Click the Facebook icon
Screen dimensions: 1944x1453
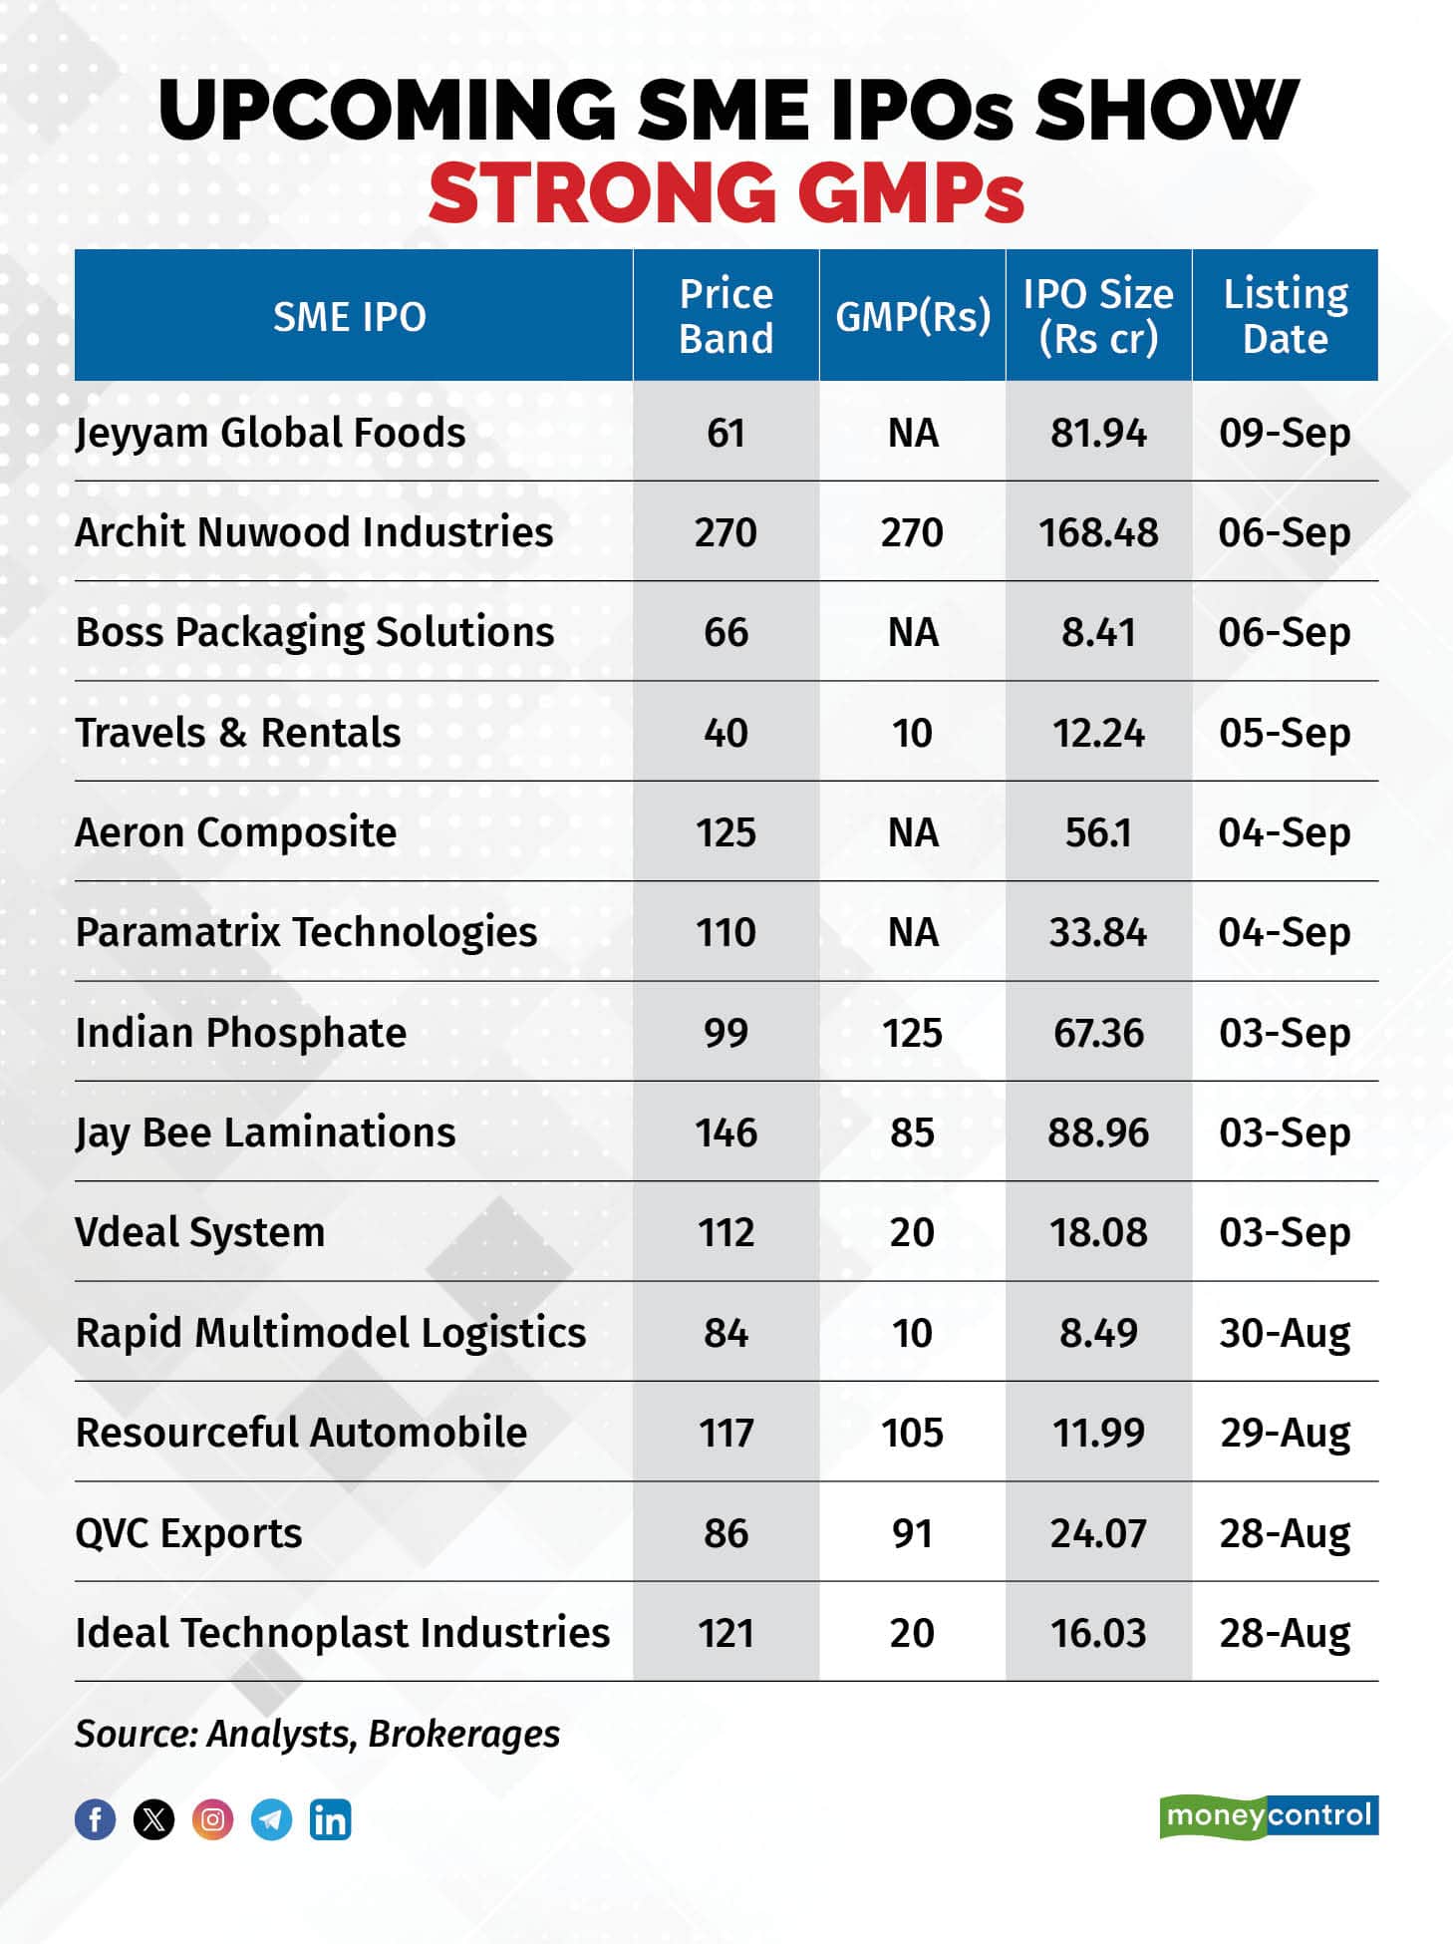(x=96, y=1819)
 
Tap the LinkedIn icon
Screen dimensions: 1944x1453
(x=330, y=1819)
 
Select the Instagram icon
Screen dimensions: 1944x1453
(x=212, y=1819)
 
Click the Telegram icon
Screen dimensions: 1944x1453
(x=271, y=1819)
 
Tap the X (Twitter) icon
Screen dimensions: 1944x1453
(x=153, y=1819)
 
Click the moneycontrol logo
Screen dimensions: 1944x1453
(x=1269, y=1815)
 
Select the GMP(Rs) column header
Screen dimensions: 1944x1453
(x=912, y=316)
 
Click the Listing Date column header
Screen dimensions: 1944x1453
(x=1285, y=316)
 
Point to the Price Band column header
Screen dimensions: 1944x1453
(x=726, y=316)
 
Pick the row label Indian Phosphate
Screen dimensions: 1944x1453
(x=241, y=1033)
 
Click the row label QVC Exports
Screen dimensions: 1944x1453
(x=188, y=1533)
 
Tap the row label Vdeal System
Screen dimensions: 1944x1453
(x=200, y=1233)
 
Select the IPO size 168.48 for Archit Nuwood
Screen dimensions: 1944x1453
(x=1098, y=532)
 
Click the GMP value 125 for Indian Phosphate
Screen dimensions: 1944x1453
(x=912, y=1033)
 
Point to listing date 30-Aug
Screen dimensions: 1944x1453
(x=1285, y=1333)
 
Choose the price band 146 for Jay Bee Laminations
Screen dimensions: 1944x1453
(x=726, y=1134)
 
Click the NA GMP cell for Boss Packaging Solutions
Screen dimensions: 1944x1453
(x=912, y=632)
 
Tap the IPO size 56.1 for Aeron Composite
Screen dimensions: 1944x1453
(x=1098, y=832)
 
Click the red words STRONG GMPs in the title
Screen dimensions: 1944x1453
(x=726, y=191)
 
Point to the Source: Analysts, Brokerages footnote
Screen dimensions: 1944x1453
(x=317, y=1735)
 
